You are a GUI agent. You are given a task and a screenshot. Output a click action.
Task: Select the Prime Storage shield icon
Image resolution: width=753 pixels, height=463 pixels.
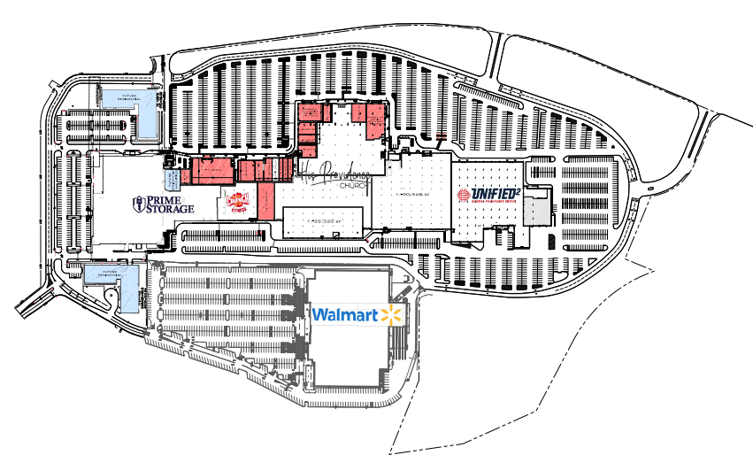(137, 205)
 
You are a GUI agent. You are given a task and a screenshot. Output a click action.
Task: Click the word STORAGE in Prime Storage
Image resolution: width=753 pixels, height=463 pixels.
(170, 210)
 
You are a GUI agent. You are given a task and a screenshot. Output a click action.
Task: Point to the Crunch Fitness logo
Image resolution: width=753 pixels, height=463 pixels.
(237, 202)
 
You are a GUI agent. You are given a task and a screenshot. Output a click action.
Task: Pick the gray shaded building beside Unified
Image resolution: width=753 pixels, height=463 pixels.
(537, 211)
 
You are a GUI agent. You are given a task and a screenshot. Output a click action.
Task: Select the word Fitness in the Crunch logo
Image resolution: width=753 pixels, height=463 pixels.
(237, 211)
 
